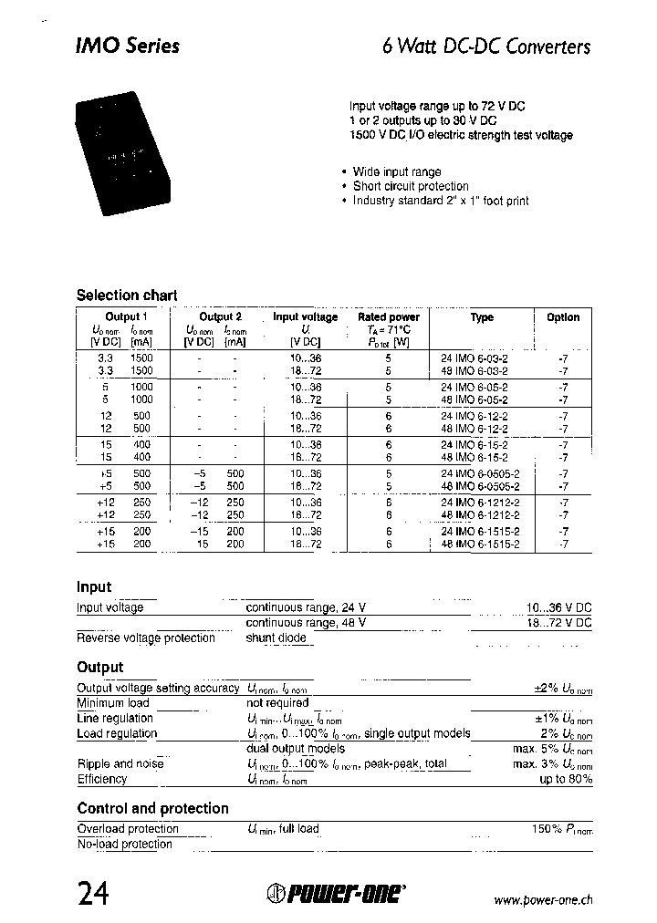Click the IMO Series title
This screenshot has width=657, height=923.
127,47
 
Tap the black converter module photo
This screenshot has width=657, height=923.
129,155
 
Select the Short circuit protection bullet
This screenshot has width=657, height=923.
410,186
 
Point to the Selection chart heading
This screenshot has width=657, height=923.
127,296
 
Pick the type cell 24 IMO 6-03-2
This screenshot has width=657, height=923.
474,359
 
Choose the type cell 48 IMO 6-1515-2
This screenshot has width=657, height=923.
480,544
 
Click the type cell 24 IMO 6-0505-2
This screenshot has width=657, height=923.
480,474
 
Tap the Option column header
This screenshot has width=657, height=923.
563,317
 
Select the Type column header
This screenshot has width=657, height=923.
482,317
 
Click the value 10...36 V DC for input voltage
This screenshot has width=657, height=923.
558,607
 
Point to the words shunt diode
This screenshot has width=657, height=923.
276,638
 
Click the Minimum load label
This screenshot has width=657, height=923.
113,703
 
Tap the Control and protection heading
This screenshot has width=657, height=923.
152,809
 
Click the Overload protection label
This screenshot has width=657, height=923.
128,829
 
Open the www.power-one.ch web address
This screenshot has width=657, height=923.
542,899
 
